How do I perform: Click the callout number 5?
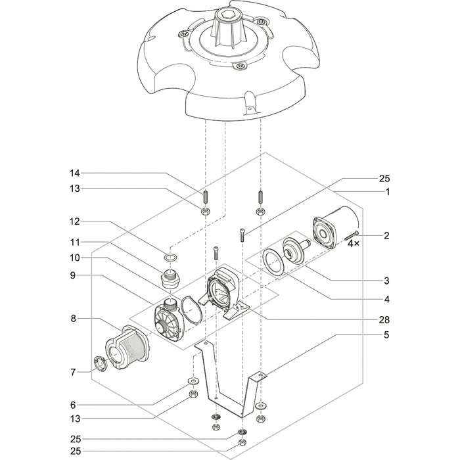(387, 335)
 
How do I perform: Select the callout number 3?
(387, 281)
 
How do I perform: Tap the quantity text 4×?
(354, 243)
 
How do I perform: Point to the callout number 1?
(388, 192)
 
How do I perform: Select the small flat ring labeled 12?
(170, 256)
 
